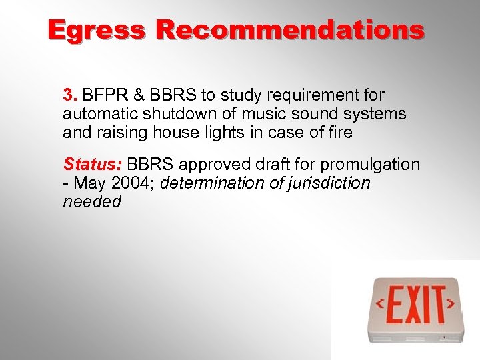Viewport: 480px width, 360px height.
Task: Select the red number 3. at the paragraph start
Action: click(70, 95)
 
